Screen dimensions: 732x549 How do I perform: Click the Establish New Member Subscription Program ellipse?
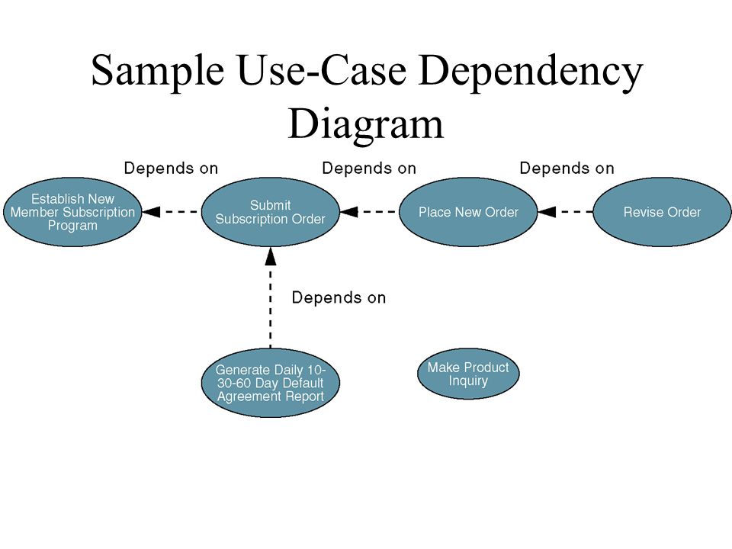click(x=72, y=212)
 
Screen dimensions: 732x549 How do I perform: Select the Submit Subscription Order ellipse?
click(x=270, y=212)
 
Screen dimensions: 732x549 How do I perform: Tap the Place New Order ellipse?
click(x=468, y=212)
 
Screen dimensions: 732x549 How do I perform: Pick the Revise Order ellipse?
click(x=662, y=212)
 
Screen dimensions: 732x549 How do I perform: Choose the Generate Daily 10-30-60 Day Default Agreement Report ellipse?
click(x=270, y=383)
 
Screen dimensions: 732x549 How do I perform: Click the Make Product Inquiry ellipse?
click(x=468, y=374)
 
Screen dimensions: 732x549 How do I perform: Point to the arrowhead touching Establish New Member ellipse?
click(x=151, y=212)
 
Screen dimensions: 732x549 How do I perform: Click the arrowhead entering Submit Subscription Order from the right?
click(x=348, y=212)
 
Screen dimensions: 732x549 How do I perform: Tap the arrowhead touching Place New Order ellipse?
click(x=547, y=212)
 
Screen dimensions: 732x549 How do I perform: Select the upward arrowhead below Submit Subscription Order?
click(x=270, y=256)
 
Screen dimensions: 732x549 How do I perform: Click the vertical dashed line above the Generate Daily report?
click(x=270, y=307)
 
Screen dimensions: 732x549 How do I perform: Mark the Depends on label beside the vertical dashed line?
click(x=339, y=298)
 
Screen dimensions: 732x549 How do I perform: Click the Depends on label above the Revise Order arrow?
click(x=567, y=168)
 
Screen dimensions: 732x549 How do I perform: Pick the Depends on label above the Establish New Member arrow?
click(x=171, y=168)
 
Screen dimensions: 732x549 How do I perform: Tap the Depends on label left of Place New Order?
click(x=369, y=168)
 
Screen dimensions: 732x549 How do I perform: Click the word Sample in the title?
click(x=158, y=71)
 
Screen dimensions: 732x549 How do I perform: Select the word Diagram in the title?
click(x=365, y=124)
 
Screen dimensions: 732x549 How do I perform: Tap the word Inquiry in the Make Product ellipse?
click(x=468, y=381)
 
